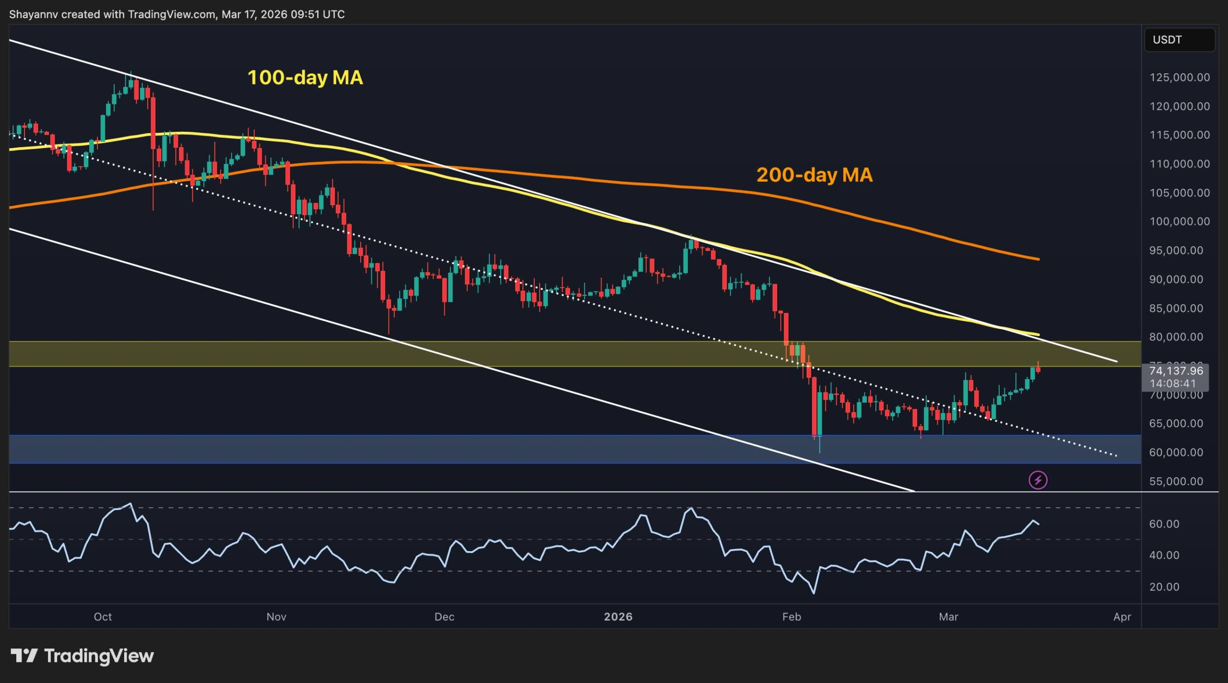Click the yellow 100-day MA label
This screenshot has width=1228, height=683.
pyautogui.click(x=305, y=78)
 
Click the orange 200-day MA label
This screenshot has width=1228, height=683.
pyautogui.click(x=814, y=175)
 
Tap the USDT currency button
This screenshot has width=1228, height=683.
pyautogui.click(x=1179, y=40)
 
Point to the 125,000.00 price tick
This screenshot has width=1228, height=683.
pyautogui.click(x=1179, y=78)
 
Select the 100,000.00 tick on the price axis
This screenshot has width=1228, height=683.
pyautogui.click(x=1179, y=221)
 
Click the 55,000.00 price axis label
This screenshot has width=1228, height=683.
pyautogui.click(x=1176, y=481)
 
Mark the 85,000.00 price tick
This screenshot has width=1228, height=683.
pyautogui.click(x=1176, y=308)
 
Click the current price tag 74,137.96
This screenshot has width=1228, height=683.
pyautogui.click(x=1176, y=370)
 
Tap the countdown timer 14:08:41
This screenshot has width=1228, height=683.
pyautogui.click(x=1173, y=383)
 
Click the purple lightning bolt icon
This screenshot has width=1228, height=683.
pyautogui.click(x=1038, y=480)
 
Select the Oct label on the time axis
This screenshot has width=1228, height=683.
pyautogui.click(x=103, y=617)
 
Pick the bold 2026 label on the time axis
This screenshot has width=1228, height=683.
pyautogui.click(x=618, y=617)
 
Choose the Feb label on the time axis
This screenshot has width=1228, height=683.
pyautogui.click(x=791, y=617)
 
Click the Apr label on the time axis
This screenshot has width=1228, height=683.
pyautogui.click(x=1122, y=617)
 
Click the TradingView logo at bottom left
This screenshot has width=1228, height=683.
pyautogui.click(x=82, y=656)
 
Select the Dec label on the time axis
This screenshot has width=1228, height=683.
pyautogui.click(x=444, y=617)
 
